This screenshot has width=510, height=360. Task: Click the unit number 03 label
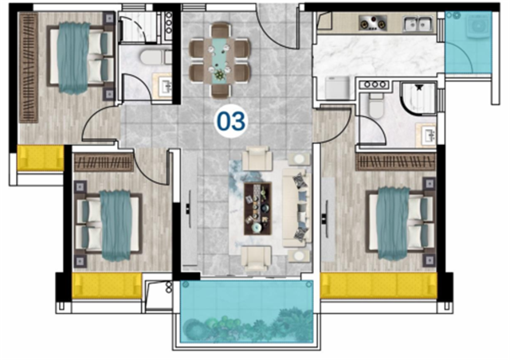click(x=231, y=121)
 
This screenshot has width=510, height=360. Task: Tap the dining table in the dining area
click(x=219, y=61)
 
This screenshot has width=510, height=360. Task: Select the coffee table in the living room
click(x=257, y=209)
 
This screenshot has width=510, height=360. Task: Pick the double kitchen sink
click(x=418, y=23)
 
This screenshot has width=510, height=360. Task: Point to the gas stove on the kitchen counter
click(x=373, y=23)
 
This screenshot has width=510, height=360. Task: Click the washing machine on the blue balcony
click(x=478, y=25)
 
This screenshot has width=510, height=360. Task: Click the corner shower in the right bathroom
click(x=418, y=98)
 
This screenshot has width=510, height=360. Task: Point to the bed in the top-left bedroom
click(x=80, y=57)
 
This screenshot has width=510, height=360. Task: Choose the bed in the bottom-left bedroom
click(x=108, y=225)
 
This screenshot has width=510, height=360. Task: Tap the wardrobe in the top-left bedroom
click(x=29, y=68)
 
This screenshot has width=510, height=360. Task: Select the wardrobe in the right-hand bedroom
click(x=395, y=162)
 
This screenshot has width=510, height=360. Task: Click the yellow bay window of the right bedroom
click(x=379, y=285)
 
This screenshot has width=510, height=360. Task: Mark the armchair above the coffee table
click(x=257, y=158)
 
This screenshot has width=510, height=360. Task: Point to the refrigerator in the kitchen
click(x=337, y=88)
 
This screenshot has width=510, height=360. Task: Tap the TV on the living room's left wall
click(x=189, y=209)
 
